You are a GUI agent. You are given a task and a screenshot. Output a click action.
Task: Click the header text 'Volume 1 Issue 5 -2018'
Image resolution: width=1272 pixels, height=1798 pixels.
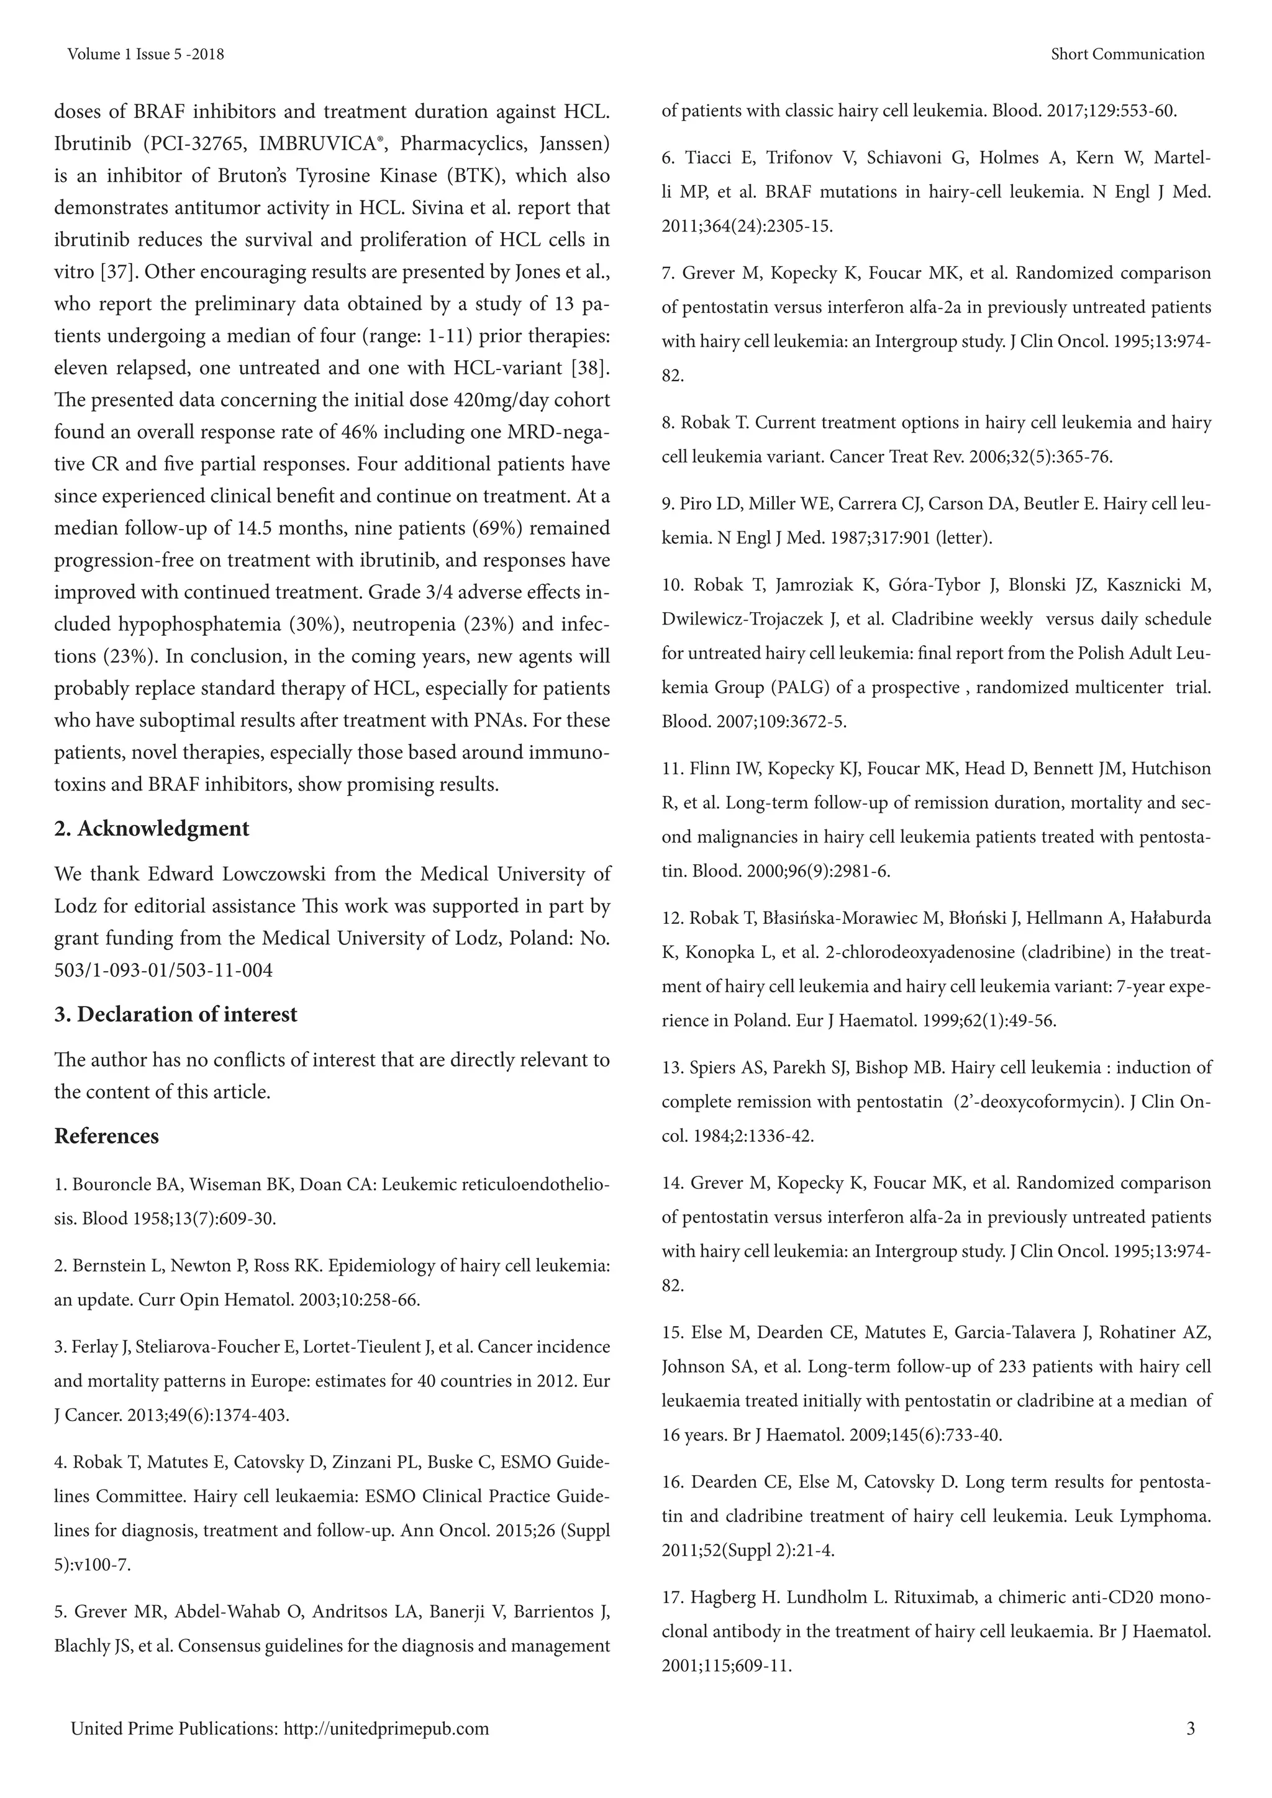click(146, 54)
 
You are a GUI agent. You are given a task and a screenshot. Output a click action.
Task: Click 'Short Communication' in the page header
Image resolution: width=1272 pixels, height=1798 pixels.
click(1127, 54)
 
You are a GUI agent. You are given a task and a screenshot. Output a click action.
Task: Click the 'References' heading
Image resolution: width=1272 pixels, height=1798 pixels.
click(107, 1136)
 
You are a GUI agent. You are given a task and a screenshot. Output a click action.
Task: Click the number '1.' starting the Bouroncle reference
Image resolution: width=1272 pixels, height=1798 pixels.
click(60, 1185)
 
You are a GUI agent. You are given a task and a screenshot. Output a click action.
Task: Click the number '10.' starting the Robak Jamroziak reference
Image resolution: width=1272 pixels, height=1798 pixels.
click(673, 585)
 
